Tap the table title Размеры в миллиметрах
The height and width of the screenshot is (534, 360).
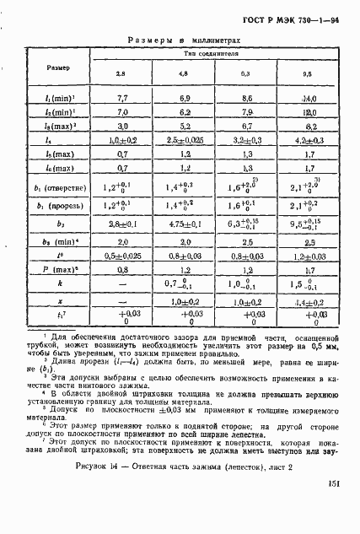click(181, 40)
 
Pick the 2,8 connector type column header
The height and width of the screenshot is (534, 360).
click(120, 75)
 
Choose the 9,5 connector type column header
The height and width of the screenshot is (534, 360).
click(308, 75)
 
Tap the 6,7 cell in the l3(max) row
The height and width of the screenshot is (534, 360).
click(246, 126)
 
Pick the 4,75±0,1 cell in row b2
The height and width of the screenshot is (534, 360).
click(185, 225)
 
